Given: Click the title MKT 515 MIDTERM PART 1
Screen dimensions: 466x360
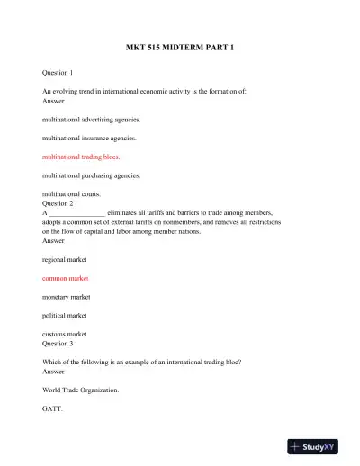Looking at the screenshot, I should click(x=180, y=46).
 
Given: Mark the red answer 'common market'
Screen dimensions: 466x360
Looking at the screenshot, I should click(x=66, y=278).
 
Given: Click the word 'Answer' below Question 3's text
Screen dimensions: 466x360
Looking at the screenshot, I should click(x=54, y=372).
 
